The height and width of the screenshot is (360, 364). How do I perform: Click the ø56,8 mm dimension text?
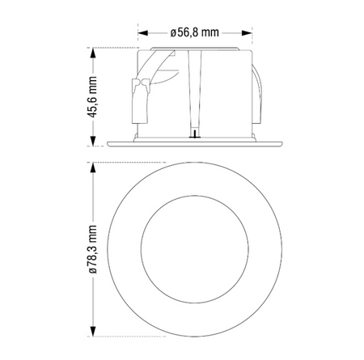pyautogui.click(x=194, y=33)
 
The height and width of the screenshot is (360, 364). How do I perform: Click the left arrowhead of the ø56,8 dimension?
pyautogui.click(x=141, y=33)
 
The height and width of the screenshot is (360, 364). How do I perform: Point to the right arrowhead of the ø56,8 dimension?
pyautogui.click(x=247, y=33)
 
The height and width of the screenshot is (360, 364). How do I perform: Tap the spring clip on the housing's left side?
pyautogui.click(x=138, y=97)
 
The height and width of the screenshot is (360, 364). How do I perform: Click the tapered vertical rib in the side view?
pyautogui.click(x=194, y=89)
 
